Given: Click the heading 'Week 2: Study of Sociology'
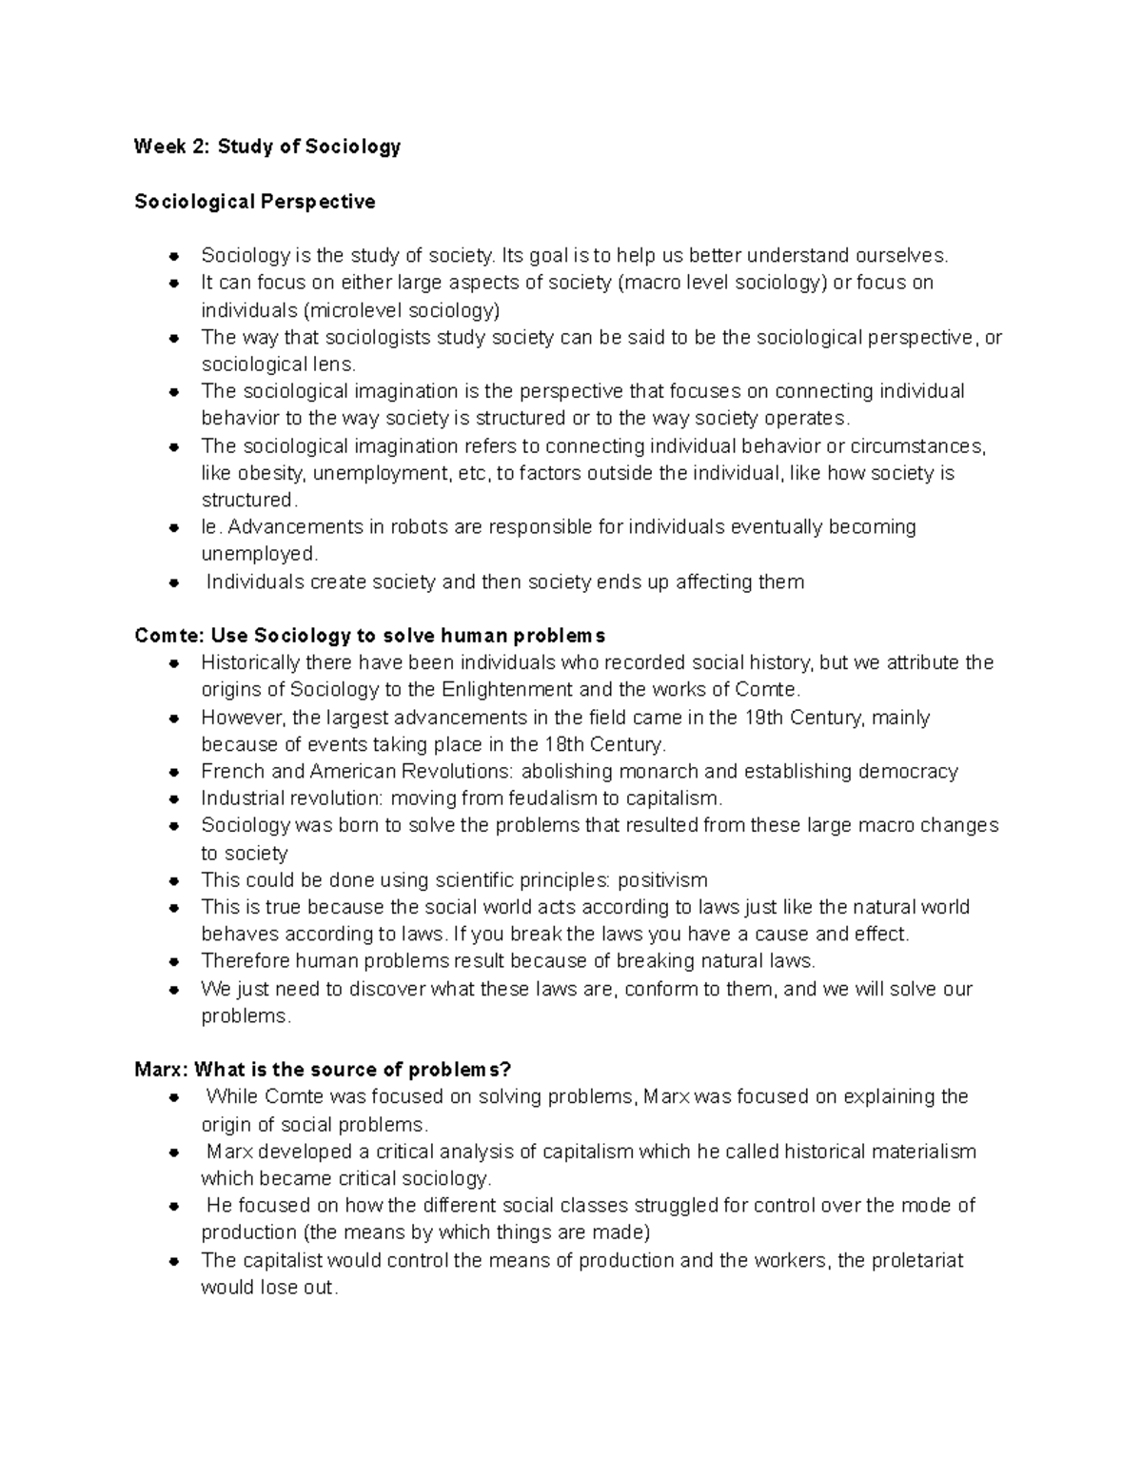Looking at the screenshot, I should tap(267, 147).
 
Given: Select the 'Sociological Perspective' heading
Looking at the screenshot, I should tap(255, 202).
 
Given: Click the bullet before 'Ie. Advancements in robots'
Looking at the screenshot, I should tap(173, 528).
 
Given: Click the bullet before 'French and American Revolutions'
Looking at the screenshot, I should tap(173, 772).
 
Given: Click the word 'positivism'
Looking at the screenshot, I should tap(663, 880).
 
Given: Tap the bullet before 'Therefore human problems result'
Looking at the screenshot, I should tap(173, 962).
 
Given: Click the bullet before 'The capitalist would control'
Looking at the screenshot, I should tap(173, 1262).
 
